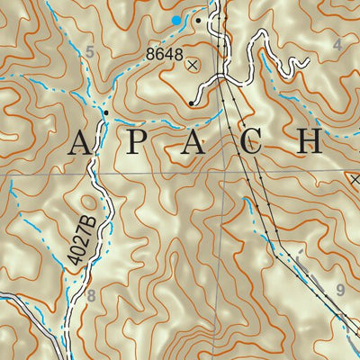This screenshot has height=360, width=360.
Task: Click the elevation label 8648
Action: pyautogui.click(x=165, y=54)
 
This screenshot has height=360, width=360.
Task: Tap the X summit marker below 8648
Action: pyautogui.click(x=192, y=64)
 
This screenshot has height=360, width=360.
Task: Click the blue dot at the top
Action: pyautogui.click(x=176, y=19)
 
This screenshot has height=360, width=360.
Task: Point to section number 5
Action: pyautogui.click(x=88, y=53)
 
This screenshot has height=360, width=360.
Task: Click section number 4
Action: pyautogui.click(x=337, y=44)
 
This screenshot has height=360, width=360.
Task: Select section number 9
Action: pyautogui.click(x=339, y=290)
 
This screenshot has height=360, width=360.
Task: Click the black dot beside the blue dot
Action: pyautogui.click(x=197, y=18)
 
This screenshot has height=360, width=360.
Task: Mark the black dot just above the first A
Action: pyautogui.click(x=105, y=112)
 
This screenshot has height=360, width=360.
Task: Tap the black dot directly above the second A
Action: pyautogui.click(x=192, y=103)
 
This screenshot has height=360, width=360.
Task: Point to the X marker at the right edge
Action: pyautogui.click(x=354, y=179)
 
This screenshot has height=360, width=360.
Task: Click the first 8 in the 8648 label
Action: pyautogui.click(x=150, y=54)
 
